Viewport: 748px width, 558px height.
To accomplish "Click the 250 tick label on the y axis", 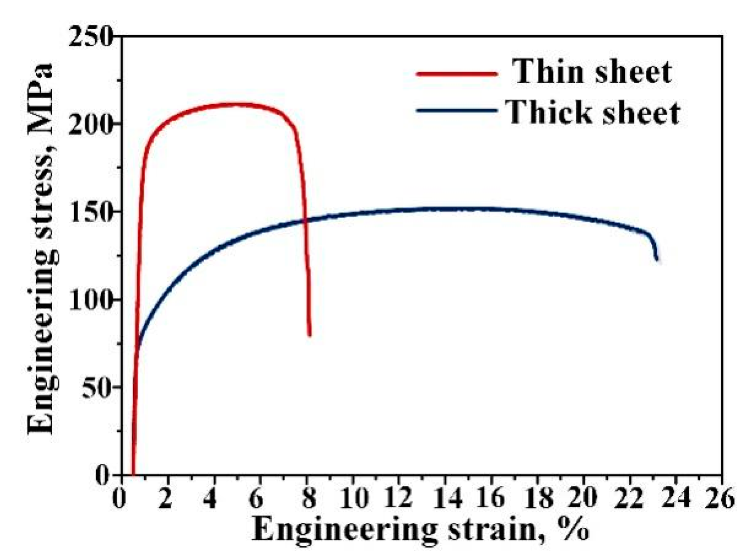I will [x=91, y=36].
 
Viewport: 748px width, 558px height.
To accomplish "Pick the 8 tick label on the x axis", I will [x=308, y=499].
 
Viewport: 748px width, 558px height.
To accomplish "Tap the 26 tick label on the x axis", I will [x=720, y=499].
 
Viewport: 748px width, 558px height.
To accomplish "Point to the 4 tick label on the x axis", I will [x=210, y=499].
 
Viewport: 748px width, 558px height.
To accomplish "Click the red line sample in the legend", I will [x=457, y=73].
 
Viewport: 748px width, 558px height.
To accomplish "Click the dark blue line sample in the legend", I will [x=457, y=110].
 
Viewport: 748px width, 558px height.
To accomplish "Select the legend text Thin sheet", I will [x=592, y=72].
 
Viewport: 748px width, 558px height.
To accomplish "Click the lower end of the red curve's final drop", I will [x=309, y=334].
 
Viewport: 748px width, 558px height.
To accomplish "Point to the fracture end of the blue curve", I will [x=657, y=259].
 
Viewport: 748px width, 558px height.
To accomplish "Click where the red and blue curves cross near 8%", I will [x=305, y=220].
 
